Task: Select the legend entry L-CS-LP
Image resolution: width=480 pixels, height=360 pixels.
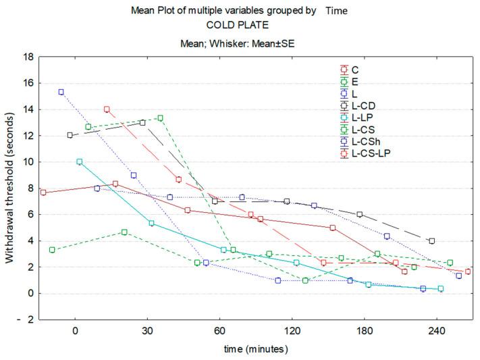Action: tap(369, 153)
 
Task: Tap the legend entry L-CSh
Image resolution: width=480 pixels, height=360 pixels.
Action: tap(365, 141)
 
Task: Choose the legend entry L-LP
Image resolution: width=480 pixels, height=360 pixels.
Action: tap(363, 117)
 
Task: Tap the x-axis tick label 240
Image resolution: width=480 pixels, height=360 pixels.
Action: tap(439, 332)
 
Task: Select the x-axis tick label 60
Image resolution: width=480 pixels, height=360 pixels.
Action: tap(219, 332)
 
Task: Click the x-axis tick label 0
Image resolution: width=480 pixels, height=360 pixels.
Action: tap(75, 332)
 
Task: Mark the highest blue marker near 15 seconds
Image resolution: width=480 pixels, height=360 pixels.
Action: tap(61, 92)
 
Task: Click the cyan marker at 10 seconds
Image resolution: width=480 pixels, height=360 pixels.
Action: tap(79, 162)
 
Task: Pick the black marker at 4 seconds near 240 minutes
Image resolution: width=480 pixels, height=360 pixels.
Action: tap(431, 241)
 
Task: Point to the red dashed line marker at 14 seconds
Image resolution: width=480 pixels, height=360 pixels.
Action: tap(107, 109)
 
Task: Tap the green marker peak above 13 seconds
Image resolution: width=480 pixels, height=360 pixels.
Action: tap(160, 118)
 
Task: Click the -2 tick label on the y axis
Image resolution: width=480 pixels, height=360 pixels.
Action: tap(28, 319)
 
